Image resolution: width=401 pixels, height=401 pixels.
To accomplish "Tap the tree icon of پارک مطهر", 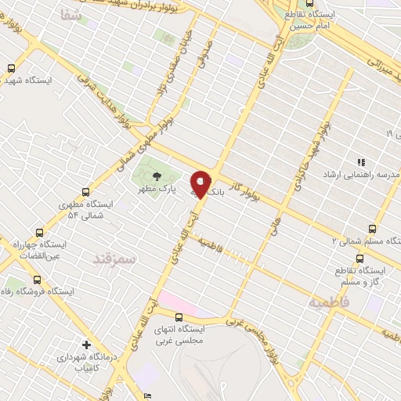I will (155, 176).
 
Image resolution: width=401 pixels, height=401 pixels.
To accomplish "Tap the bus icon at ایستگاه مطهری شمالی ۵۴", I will (85, 191).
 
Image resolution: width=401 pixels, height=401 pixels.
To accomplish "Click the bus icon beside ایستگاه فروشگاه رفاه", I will (36, 280).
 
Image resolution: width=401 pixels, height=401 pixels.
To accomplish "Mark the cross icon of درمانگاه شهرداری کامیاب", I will (86, 344).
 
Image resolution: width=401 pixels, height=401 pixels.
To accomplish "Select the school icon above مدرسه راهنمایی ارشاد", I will (361, 162).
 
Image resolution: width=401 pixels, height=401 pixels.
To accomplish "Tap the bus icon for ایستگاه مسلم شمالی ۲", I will (372, 229).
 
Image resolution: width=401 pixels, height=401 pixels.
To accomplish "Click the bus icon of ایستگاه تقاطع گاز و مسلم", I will (359, 258).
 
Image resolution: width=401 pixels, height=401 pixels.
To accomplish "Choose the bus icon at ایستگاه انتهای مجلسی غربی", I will (180, 317).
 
